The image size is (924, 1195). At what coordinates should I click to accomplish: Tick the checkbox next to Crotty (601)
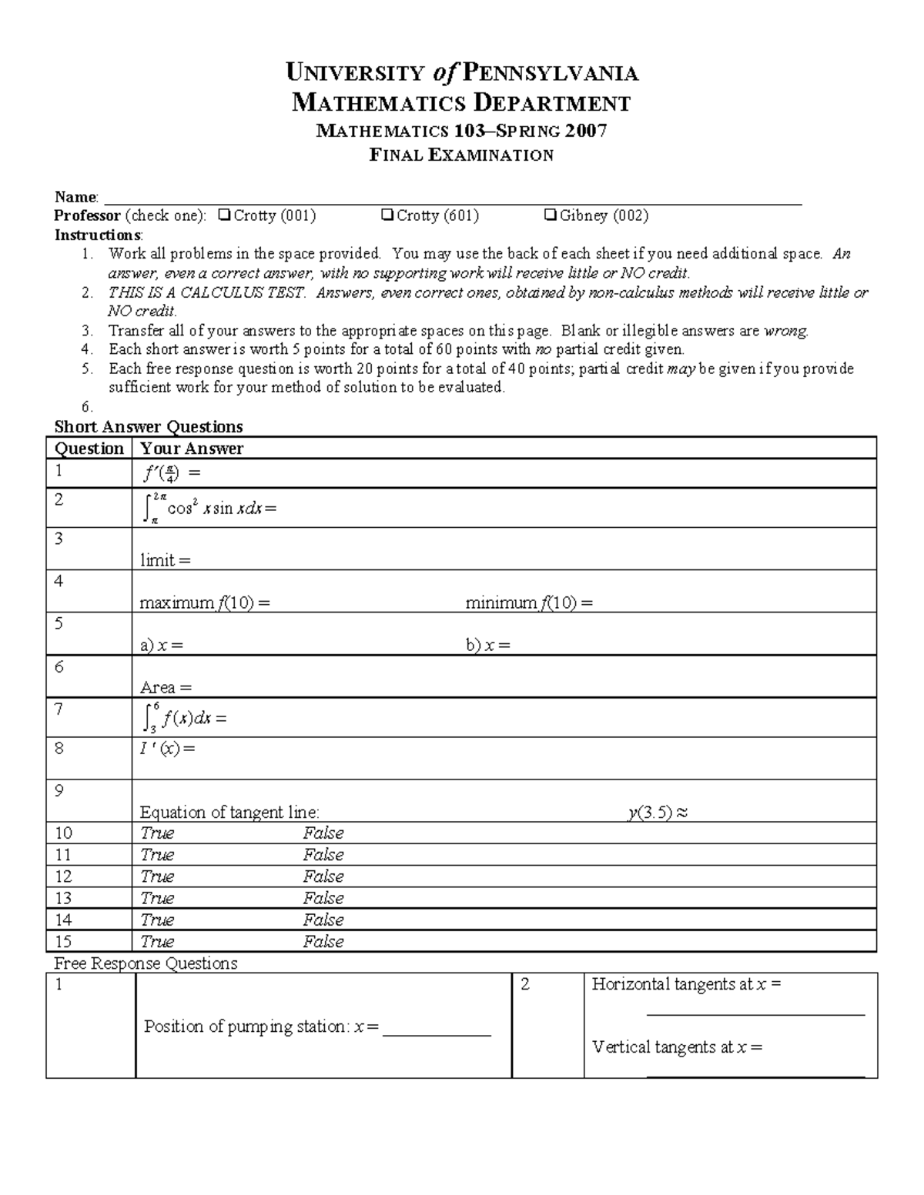(387, 215)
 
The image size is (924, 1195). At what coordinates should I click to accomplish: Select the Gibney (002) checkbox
(551, 215)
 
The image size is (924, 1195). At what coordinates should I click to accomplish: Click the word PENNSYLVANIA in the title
(551, 73)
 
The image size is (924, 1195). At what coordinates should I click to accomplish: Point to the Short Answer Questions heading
(149, 427)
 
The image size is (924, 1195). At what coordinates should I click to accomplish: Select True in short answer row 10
(157, 833)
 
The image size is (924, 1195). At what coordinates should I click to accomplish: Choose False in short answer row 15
(323, 942)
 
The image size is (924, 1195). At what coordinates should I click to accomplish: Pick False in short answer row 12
(323, 876)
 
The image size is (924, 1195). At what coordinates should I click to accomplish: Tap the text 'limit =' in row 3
(165, 560)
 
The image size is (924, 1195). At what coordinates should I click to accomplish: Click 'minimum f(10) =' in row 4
(529, 603)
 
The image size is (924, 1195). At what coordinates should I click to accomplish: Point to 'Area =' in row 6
(166, 688)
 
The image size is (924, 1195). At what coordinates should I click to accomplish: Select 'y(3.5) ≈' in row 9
(657, 813)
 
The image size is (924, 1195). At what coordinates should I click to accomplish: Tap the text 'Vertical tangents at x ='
(677, 1047)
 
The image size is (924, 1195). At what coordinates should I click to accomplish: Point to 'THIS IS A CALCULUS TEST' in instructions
(207, 292)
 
